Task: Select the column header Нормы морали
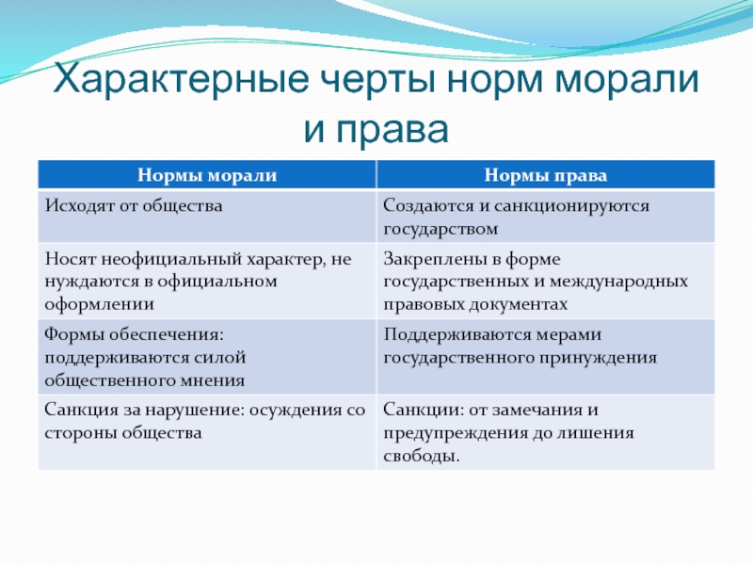point(207,175)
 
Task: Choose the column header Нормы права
point(546,175)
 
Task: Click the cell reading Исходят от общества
point(134,205)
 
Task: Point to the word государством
point(441,229)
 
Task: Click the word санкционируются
point(571,205)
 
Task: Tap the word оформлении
point(100,304)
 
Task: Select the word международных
point(618,282)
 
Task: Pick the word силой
point(221,358)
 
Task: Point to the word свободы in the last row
point(421,456)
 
